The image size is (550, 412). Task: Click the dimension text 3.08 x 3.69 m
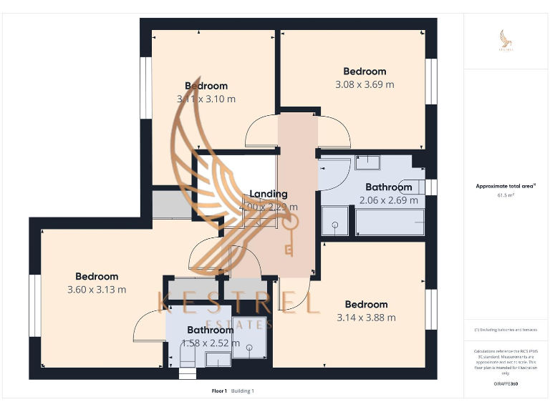tap(365, 84)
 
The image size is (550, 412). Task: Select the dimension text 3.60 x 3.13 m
tap(97, 290)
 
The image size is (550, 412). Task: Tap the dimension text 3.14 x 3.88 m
tap(366, 318)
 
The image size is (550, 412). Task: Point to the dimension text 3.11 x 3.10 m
tap(206, 99)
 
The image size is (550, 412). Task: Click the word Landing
tap(268, 194)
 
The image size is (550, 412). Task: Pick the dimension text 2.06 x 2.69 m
tap(389, 200)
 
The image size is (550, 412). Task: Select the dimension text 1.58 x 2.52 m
tap(211, 343)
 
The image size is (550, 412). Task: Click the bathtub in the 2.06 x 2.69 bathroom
tap(390, 222)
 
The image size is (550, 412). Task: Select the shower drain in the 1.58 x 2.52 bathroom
tap(250, 348)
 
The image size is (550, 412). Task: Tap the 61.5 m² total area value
tap(506, 195)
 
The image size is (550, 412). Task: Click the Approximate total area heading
tap(506, 186)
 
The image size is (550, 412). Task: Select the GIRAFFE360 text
tap(506, 384)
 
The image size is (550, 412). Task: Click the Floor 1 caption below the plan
tap(219, 391)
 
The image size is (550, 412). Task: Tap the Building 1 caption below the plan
tap(242, 391)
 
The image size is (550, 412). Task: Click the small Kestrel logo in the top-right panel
tap(506, 41)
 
